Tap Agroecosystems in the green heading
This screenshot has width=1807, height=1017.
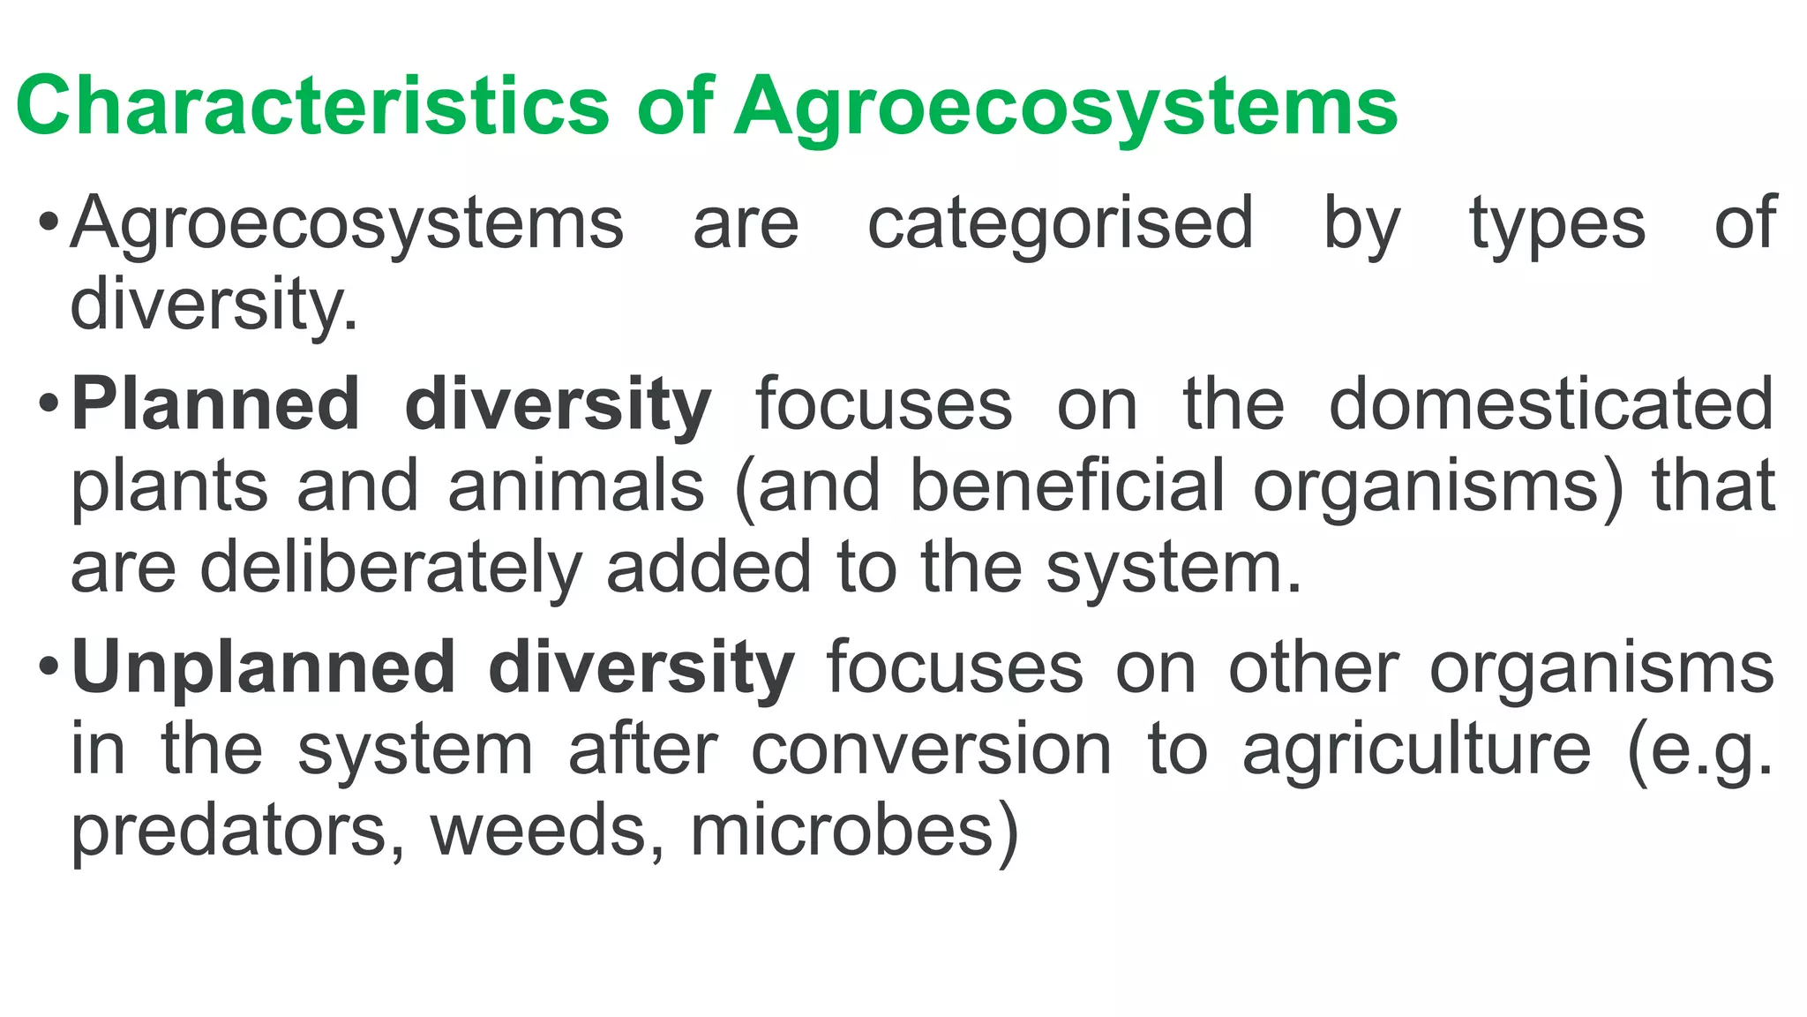coord(1066,107)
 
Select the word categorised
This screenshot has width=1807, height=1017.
coord(1061,223)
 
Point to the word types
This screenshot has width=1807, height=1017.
coord(1557,223)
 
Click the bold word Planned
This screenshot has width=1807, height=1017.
coord(215,404)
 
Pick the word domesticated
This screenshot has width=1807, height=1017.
coord(1551,404)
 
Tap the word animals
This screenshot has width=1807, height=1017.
coord(576,486)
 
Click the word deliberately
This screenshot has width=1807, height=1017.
coord(391,567)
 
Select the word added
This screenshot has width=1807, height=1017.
coord(708,567)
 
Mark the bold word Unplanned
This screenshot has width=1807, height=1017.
coord(264,667)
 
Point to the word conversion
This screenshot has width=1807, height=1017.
coord(932,749)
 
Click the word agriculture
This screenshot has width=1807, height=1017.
coord(1417,749)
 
